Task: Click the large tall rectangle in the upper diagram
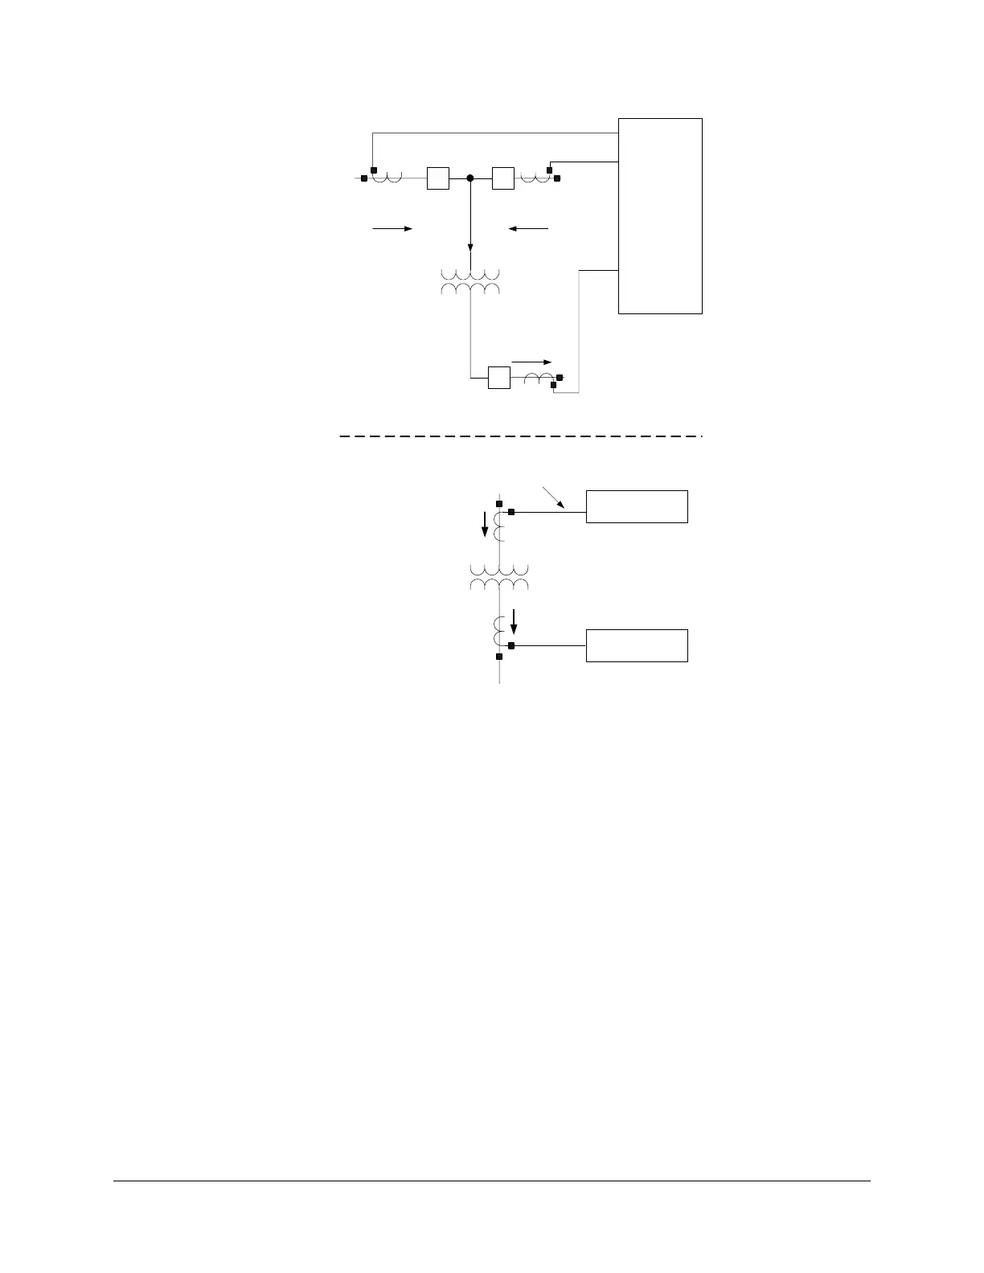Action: coord(660,215)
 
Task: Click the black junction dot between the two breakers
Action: coord(470,178)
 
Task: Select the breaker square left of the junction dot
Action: coord(438,178)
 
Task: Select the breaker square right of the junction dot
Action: coord(502,178)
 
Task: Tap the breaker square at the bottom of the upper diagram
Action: coord(499,377)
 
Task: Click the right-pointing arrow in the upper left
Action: coord(392,229)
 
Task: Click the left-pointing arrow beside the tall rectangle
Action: coord(528,229)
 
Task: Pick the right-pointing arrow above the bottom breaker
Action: coord(532,362)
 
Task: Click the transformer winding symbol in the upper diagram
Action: coord(470,281)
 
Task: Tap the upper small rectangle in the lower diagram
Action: coord(637,506)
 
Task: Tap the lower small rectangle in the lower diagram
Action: coord(637,645)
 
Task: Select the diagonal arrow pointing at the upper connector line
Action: coord(557,497)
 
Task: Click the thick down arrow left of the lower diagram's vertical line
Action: coord(485,526)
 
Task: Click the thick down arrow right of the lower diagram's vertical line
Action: coord(515,622)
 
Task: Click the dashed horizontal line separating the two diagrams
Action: coord(519,436)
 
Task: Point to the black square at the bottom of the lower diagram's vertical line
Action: coord(499,657)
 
